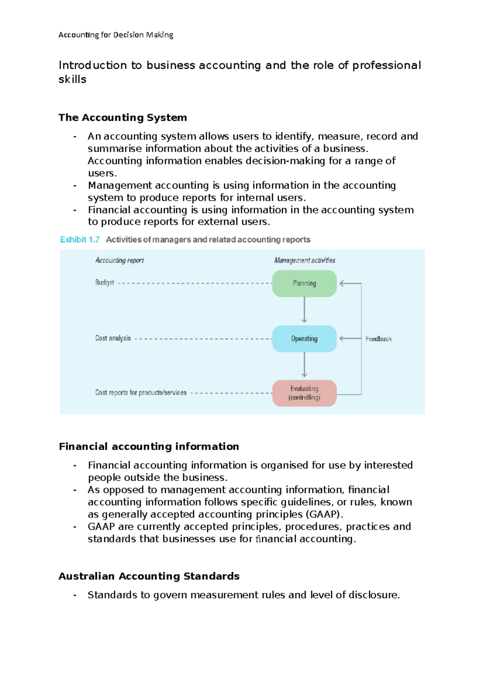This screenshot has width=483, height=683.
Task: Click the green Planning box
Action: coord(304,284)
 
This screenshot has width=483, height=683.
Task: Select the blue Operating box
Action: coord(304,339)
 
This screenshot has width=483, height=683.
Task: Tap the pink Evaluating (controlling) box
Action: coord(304,393)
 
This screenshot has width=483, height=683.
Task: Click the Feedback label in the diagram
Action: coord(378,339)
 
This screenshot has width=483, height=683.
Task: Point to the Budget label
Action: coord(105,282)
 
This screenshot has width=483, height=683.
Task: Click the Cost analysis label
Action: coord(113,338)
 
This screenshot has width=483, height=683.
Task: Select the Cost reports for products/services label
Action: coord(140,392)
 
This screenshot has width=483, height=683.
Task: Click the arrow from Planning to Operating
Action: coord(304,310)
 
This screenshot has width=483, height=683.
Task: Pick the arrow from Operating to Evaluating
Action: coord(304,365)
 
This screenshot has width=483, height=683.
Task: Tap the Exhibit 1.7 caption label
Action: coord(80,240)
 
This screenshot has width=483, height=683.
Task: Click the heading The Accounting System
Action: coord(123,117)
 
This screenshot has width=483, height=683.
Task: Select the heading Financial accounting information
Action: coord(149,446)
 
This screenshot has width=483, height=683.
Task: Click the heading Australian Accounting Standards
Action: coord(149,576)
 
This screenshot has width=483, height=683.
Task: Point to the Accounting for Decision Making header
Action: coord(116,35)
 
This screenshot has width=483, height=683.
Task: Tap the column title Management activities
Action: coord(305,260)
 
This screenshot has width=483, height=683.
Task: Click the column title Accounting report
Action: coord(120,260)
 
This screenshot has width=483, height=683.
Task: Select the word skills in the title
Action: coord(72,79)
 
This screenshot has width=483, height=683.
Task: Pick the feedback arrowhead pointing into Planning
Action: coord(342,284)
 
